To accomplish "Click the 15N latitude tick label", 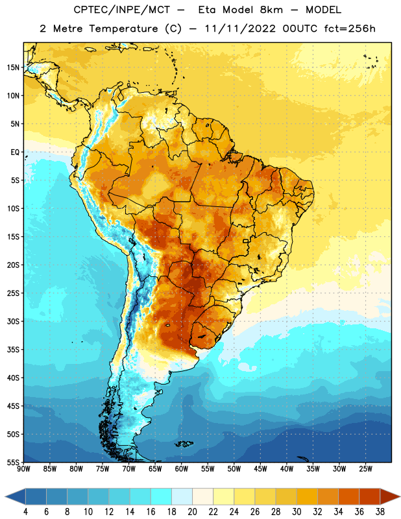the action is tap(13, 67).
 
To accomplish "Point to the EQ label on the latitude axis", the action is tap(15, 152).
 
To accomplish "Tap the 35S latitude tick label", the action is tap(13, 350).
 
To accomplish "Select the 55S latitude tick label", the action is tap(13, 462).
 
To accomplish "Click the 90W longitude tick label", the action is tap(23, 469).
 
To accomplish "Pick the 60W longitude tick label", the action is tap(182, 469).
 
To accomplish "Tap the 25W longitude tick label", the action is tap(365, 469).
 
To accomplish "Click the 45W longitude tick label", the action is tap(261, 469).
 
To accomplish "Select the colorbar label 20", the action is tap(192, 512).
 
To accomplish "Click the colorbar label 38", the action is tap(380, 512).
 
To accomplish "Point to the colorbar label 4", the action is tap(25, 512).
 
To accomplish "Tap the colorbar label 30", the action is tap(297, 512).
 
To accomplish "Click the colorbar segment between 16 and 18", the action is tap(162, 496).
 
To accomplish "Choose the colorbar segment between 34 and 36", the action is tap(349, 496).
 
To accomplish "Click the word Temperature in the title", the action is tap(123, 29).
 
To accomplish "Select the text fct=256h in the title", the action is tap(350, 29).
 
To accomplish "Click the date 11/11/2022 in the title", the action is tap(240, 29).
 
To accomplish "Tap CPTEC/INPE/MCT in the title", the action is tap(122, 10).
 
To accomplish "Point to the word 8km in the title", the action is tap(271, 10).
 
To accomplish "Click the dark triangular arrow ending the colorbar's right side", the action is tap(391, 496).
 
